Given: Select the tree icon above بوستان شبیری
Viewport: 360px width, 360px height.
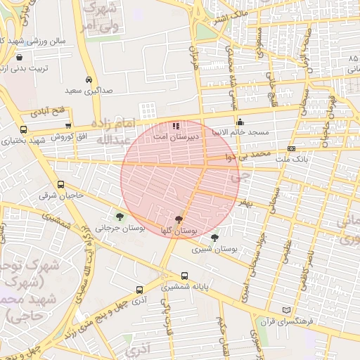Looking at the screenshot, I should [x=214, y=238].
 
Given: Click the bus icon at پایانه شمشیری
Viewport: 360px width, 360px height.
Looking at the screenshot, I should [x=184, y=276].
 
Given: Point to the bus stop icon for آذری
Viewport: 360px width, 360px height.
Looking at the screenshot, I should [x=139, y=289].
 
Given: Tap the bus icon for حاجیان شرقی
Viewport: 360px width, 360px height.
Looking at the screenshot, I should [x=60, y=184].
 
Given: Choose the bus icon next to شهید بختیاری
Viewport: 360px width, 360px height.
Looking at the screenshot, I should [x=24, y=129].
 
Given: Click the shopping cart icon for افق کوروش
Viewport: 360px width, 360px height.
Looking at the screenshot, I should [x=67, y=125].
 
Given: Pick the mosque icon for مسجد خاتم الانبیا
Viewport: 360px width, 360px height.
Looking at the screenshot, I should [x=240, y=120].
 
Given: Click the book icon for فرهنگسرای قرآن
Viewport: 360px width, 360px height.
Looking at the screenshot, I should [x=285, y=310].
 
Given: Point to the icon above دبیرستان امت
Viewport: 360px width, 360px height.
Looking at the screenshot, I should [x=175, y=124].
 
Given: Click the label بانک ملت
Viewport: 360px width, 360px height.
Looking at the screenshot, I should [x=292, y=160].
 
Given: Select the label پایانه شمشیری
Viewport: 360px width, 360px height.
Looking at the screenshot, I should [x=184, y=288].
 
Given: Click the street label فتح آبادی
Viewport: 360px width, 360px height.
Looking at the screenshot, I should [x=47, y=111].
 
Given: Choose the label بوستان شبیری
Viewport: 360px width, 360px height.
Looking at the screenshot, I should [x=217, y=250].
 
